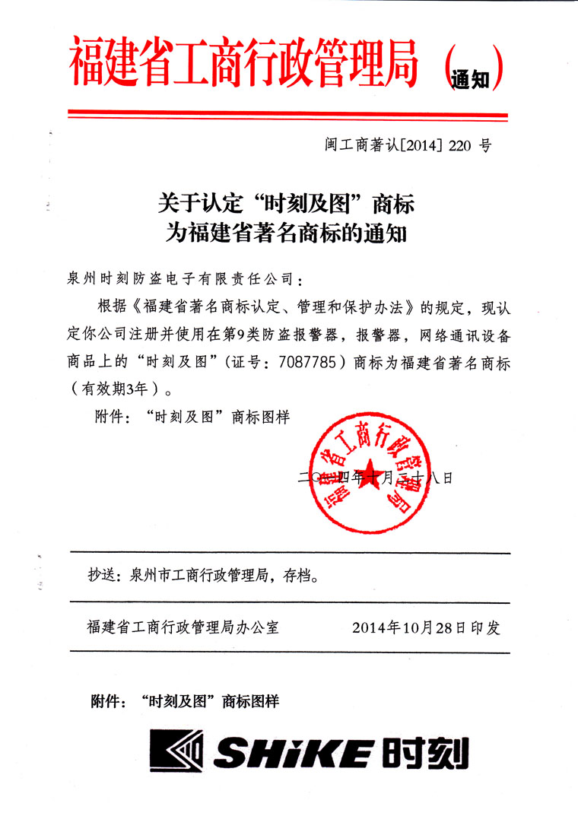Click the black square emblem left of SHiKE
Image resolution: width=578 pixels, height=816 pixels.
176,754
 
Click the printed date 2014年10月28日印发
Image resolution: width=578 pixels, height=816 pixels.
426,628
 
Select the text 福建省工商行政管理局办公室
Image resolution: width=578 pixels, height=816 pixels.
183,628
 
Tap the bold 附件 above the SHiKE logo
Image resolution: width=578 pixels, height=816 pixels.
106,700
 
